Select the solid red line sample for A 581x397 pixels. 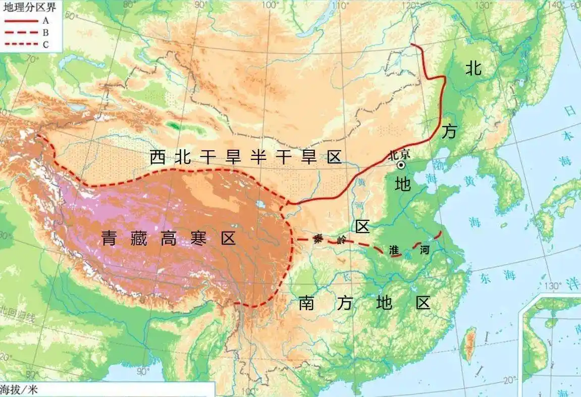click(20, 21)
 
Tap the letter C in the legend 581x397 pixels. click(45, 44)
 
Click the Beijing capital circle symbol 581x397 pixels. click(401, 165)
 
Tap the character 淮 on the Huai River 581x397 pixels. click(394, 250)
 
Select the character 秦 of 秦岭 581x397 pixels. click(318, 238)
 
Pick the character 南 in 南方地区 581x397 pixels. click(307, 303)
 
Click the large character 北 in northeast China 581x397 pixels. click(473, 68)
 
